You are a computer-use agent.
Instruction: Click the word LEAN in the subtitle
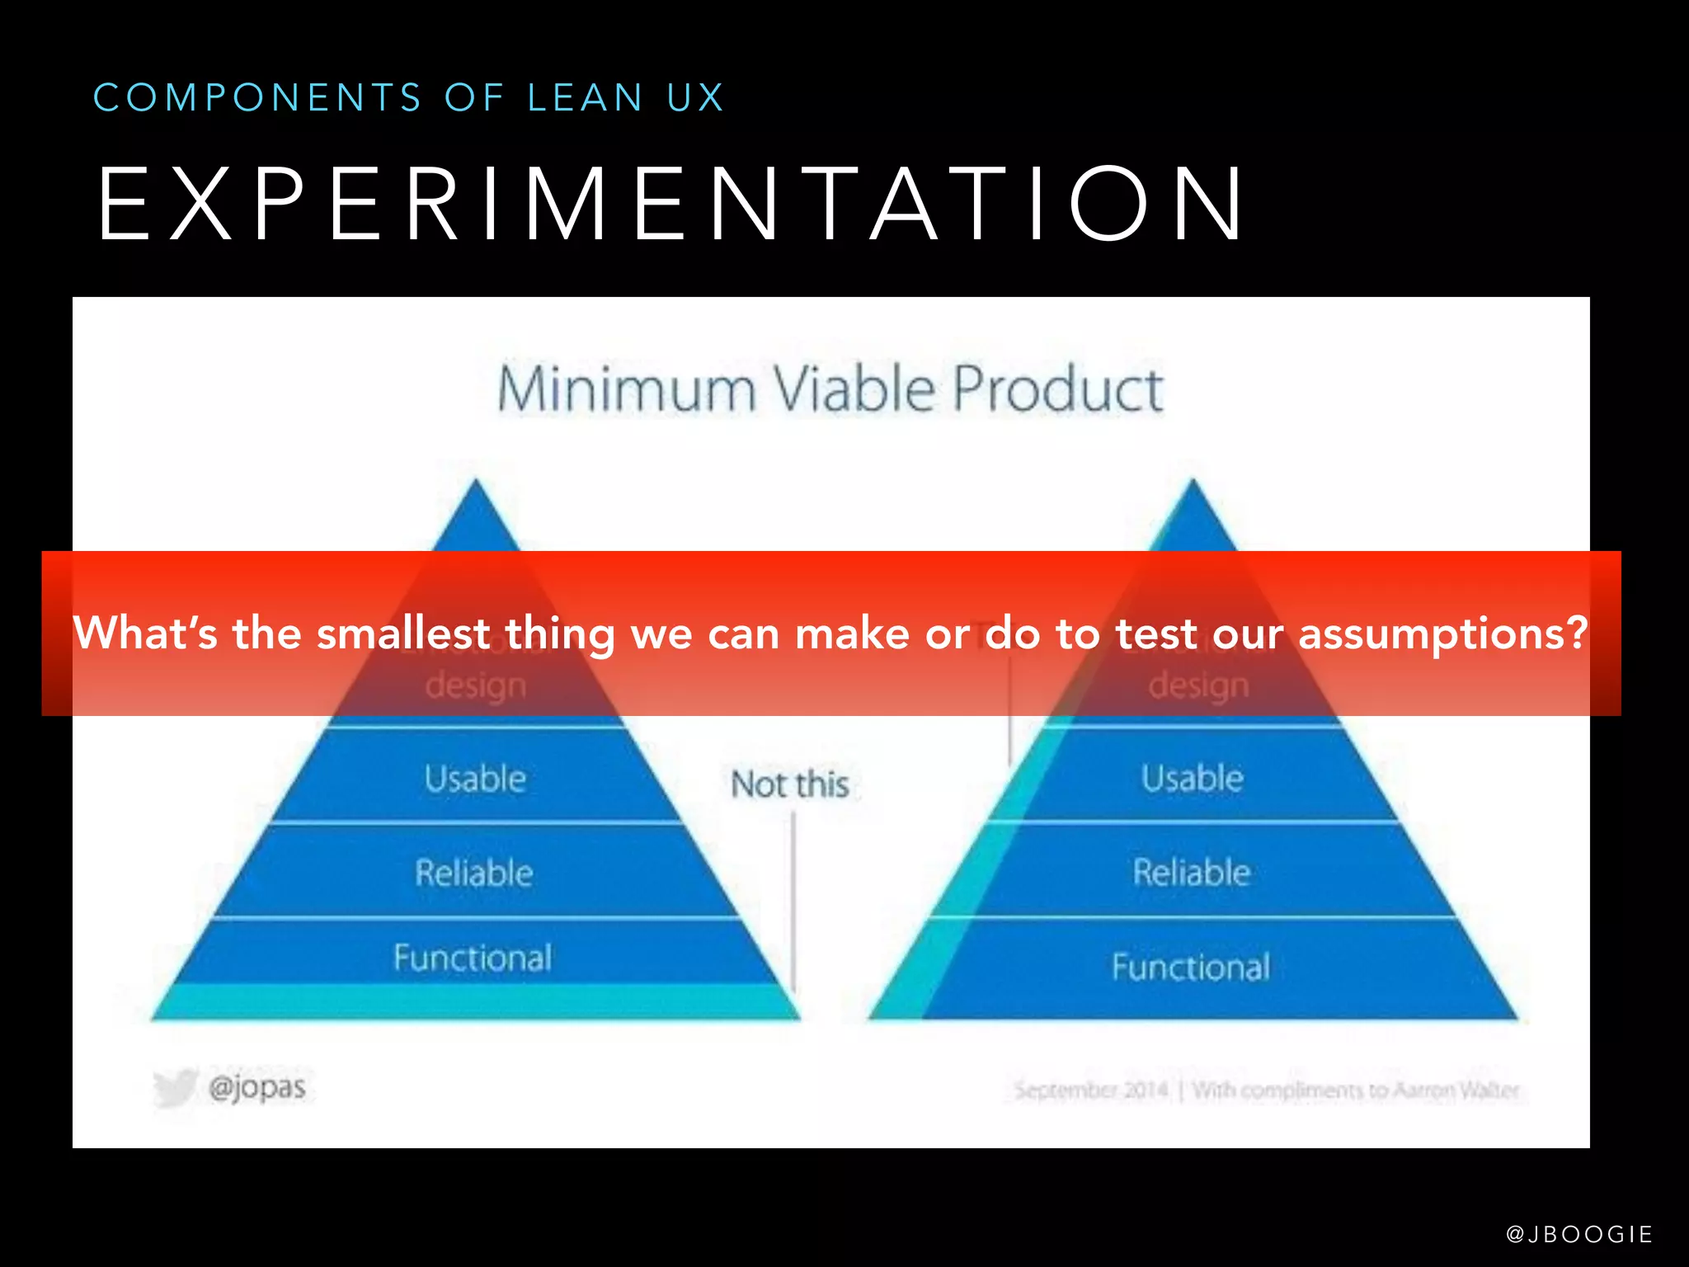point(585,97)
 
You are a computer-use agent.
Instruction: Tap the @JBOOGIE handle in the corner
point(1578,1234)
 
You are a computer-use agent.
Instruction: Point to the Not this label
point(789,784)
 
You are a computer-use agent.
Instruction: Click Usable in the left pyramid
point(475,779)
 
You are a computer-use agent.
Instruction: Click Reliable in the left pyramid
point(474,873)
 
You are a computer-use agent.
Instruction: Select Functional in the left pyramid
point(473,958)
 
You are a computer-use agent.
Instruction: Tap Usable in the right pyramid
point(1192,778)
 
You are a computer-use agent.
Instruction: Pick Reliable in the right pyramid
point(1191,872)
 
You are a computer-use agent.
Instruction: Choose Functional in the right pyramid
point(1190,967)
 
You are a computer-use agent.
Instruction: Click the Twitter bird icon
point(176,1086)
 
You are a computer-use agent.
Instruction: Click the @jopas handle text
point(257,1087)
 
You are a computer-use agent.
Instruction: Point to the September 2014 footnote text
point(1090,1090)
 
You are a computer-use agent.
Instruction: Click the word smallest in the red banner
point(403,633)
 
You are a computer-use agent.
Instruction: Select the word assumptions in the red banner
point(1442,633)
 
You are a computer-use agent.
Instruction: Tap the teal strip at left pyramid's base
point(475,1001)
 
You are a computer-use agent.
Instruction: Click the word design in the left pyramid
point(475,685)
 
